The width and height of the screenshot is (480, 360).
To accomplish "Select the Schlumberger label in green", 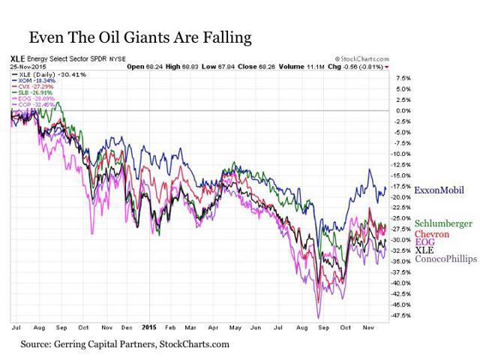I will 443,223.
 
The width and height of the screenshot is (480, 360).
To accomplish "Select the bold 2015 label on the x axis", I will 150,328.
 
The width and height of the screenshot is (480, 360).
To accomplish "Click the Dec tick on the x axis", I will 128,328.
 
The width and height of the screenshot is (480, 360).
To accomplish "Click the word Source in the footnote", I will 37,344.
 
